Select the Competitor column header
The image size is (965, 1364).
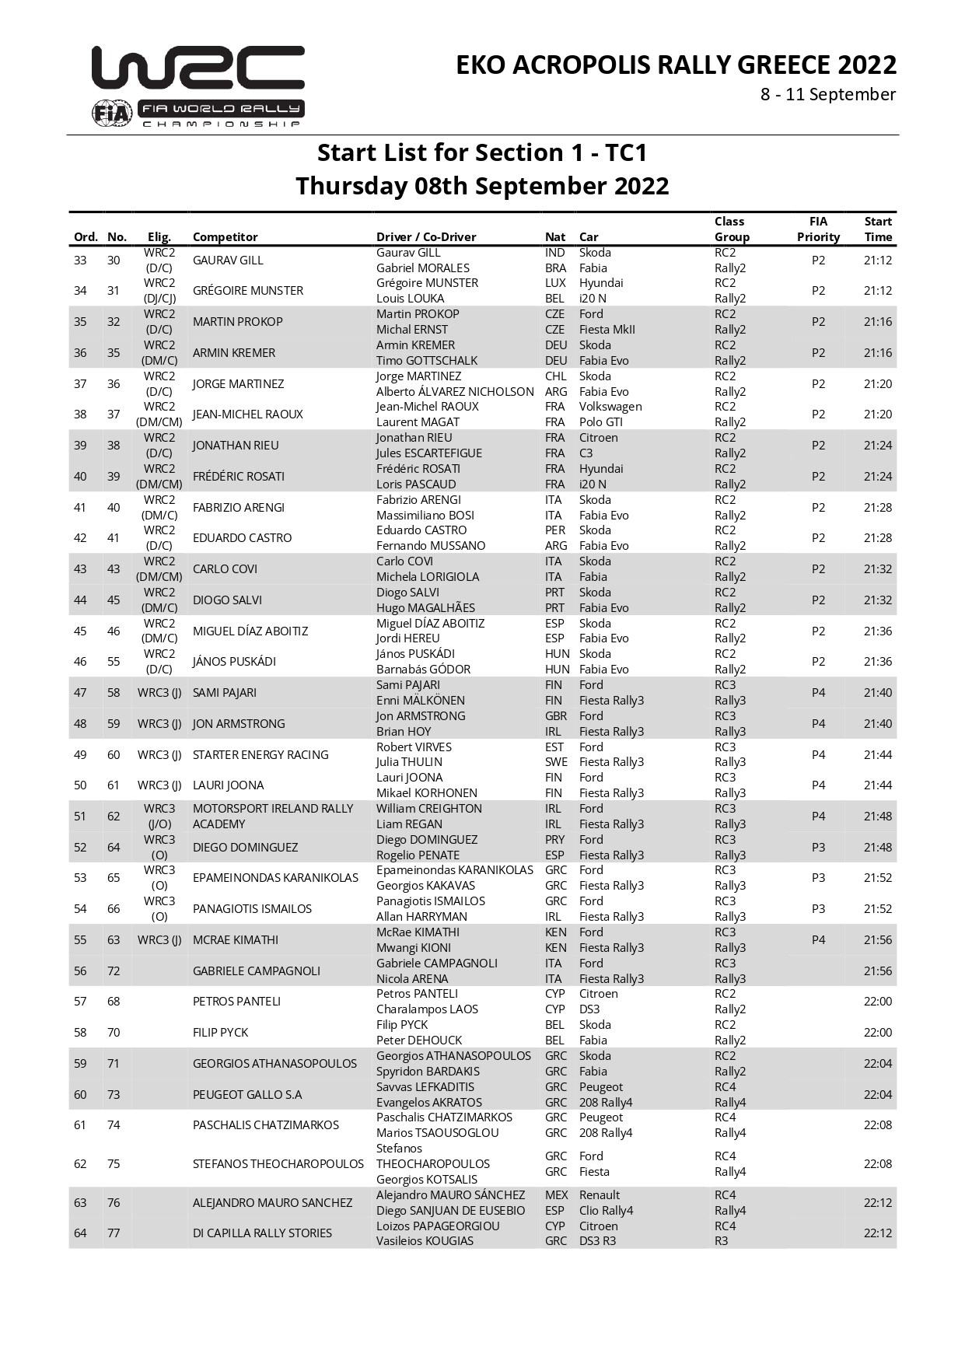click(225, 237)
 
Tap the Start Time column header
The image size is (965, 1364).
click(878, 229)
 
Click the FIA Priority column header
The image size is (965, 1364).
click(818, 229)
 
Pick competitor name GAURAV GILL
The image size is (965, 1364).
click(228, 261)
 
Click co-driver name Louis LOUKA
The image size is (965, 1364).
click(410, 299)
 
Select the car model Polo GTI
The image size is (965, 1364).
click(600, 422)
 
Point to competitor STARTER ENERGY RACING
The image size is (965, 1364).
click(260, 755)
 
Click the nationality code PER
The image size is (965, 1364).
click(554, 530)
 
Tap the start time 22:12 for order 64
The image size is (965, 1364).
click(878, 1233)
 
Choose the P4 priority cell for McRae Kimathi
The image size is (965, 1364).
click(818, 940)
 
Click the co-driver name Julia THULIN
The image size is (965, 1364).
click(409, 762)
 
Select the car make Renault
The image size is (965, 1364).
click(600, 1195)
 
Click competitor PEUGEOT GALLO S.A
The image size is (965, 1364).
click(247, 1095)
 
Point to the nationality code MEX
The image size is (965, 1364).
click(556, 1195)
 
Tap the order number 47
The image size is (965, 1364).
click(80, 693)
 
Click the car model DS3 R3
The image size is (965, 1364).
click(597, 1241)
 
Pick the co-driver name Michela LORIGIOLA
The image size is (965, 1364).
click(428, 577)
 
